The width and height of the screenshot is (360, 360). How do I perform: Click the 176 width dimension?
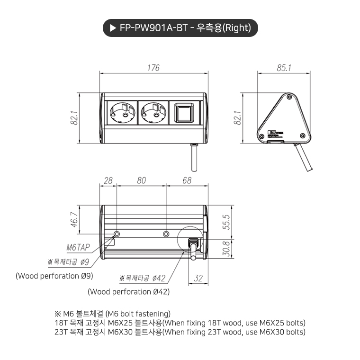click(x=153, y=68)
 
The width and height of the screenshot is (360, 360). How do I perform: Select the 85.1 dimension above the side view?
click(x=284, y=68)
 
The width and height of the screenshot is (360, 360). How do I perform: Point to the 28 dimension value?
click(x=108, y=181)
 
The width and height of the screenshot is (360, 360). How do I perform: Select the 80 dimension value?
click(x=141, y=181)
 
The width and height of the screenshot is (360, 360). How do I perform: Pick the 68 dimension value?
click(x=187, y=181)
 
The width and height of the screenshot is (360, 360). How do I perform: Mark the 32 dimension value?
click(x=199, y=279)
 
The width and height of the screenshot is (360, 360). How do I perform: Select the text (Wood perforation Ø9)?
click(x=54, y=276)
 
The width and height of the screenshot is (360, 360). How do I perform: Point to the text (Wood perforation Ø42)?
click(x=128, y=292)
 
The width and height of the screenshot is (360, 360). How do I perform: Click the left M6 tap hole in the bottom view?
click(x=117, y=234)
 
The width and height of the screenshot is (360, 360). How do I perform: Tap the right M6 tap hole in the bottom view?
click(x=166, y=234)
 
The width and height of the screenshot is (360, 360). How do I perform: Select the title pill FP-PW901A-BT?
click(x=180, y=28)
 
